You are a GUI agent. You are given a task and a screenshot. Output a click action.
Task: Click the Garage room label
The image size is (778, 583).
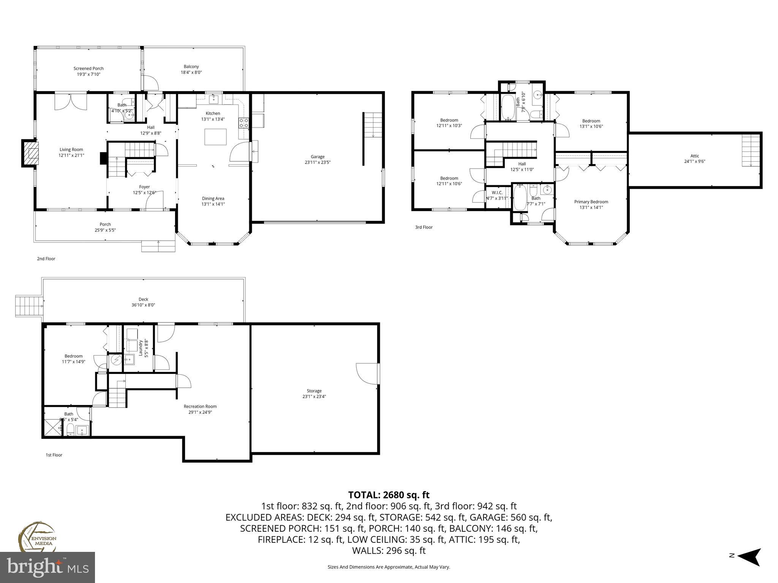[x=318, y=156]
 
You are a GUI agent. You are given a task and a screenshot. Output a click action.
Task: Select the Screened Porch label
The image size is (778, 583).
[x=89, y=69]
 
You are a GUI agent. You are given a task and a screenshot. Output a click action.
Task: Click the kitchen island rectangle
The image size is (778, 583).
[x=215, y=137]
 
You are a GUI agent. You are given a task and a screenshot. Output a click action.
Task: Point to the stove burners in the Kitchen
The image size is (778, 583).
[x=244, y=123]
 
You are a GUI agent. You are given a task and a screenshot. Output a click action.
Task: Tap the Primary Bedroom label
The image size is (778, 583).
[x=591, y=202]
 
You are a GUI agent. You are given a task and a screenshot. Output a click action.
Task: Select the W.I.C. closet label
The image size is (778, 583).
[x=497, y=193]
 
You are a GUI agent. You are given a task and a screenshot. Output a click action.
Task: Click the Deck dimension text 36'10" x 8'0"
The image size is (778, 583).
[x=143, y=305]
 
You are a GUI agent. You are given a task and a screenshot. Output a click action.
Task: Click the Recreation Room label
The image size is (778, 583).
[x=200, y=407]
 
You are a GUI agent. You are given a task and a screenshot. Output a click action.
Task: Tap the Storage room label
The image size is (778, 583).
[x=314, y=391]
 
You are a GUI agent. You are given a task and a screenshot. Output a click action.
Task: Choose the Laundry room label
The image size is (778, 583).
[x=140, y=348]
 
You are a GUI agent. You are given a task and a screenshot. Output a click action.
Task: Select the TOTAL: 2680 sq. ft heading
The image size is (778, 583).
[x=389, y=495]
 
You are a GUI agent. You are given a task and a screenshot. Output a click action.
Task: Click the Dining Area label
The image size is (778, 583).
[x=213, y=199]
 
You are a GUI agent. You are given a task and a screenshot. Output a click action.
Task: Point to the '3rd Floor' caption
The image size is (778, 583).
[x=424, y=227]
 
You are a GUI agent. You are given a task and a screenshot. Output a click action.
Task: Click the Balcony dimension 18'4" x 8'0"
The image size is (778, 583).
[x=191, y=72]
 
